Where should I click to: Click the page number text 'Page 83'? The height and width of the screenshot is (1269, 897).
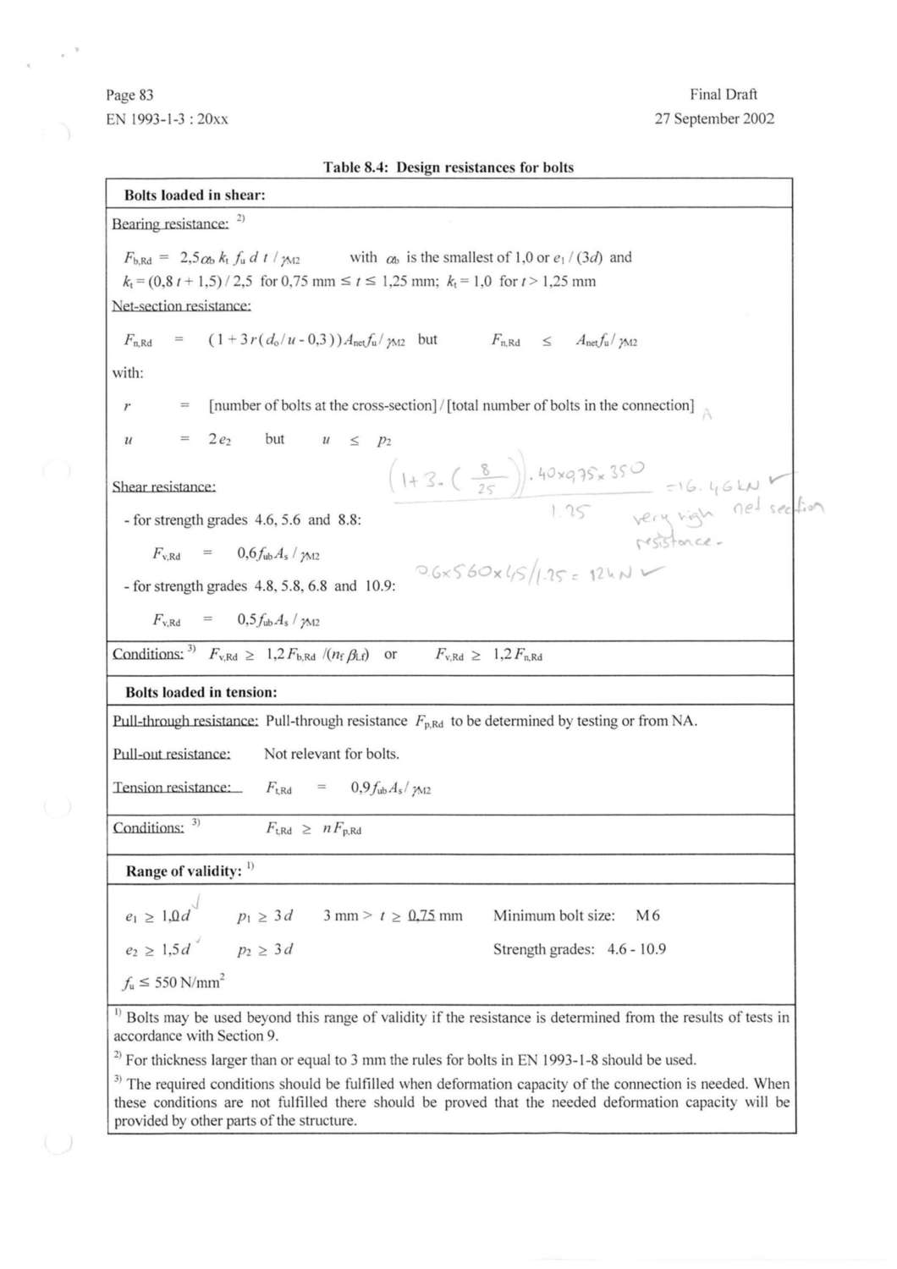coord(129,95)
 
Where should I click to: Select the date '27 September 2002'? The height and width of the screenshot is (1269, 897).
coord(714,118)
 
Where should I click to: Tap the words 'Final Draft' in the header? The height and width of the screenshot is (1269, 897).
coord(724,94)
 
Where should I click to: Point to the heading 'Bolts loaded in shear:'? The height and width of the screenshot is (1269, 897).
coord(195,195)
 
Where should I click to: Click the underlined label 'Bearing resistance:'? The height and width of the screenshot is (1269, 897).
coord(170,223)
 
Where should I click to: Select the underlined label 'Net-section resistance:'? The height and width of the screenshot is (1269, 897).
coord(181,305)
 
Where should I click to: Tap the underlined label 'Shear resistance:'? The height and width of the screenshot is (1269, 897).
coord(163,486)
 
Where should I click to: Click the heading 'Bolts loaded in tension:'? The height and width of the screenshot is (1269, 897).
coord(201,692)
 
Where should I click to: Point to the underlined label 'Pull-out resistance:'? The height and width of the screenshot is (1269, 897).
coord(172,754)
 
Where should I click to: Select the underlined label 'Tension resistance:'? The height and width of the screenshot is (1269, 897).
coord(172,788)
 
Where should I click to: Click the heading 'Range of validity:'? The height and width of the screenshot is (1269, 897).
coord(184,871)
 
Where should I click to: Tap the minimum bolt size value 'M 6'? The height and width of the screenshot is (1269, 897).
coord(647,915)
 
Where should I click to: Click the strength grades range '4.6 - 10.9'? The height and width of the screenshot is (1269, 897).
coord(636,949)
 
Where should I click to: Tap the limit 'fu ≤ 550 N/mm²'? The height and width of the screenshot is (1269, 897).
coord(173,982)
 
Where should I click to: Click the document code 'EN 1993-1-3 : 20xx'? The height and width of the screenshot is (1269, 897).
coord(167,119)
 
